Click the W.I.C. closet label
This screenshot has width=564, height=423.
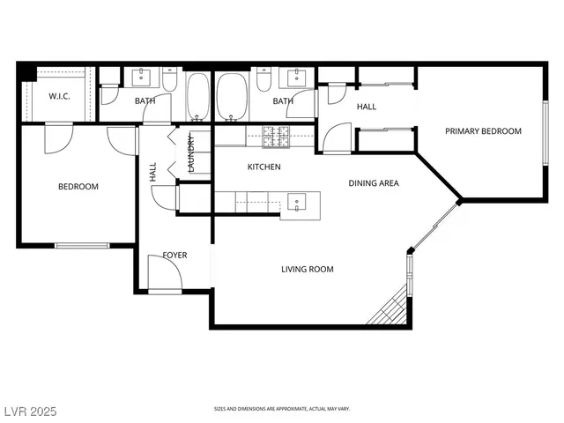pos(59,96)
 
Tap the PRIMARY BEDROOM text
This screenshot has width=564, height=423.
pos(482,131)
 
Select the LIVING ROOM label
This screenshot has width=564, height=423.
pos(307,270)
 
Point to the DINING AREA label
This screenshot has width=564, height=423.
pos(374,183)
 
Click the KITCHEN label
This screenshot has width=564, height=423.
pos(263,167)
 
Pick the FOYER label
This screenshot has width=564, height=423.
pos(174,256)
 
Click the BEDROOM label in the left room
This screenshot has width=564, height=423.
pos(78,187)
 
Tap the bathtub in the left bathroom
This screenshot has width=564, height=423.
pos(197,97)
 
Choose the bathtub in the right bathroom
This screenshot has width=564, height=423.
pos(233,97)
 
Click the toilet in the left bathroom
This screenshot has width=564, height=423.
pos(170,85)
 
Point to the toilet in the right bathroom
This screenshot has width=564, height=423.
pos(263,82)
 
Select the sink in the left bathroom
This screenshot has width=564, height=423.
pos(142,78)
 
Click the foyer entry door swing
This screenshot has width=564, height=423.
pos(164,278)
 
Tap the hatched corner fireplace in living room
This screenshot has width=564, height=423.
pos(390,308)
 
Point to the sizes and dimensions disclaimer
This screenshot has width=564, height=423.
pos(282,409)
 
